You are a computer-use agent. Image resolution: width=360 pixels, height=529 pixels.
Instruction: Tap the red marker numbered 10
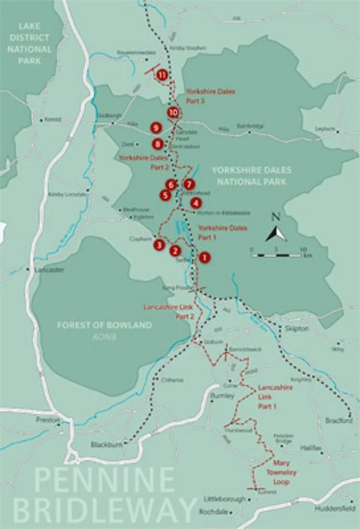(x=173, y=112)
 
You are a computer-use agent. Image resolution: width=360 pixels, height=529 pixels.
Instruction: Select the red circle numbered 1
(x=204, y=258)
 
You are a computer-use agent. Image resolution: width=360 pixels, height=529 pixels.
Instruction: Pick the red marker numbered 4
(x=195, y=203)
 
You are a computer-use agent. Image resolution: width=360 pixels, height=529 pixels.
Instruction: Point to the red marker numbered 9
(x=156, y=128)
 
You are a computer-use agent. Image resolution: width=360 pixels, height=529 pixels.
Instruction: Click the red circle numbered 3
(x=159, y=245)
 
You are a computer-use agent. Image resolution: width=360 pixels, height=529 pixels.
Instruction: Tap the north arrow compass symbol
(x=276, y=233)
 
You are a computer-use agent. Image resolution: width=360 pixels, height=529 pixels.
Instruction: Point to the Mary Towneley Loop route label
(x=281, y=472)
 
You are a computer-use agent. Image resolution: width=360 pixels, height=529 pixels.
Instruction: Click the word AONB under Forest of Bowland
(x=104, y=336)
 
